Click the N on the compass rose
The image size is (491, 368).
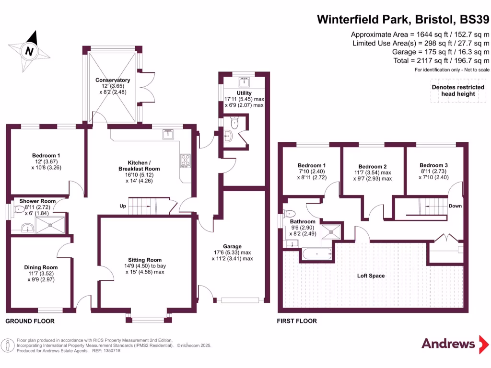tap(29, 51)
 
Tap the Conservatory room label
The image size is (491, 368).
tap(113, 80)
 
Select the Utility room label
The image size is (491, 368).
tap(244, 93)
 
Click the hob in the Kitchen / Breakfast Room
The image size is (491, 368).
tap(186, 161)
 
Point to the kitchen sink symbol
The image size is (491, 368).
tap(168, 134)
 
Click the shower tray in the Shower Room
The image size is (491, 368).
tap(50, 225)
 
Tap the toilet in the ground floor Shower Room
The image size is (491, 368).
tap(19, 209)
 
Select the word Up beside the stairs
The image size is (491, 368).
tap(123, 206)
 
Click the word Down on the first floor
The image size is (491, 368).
tap(455, 206)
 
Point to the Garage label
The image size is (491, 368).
tap(232, 247)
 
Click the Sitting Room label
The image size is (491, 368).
tap(145, 260)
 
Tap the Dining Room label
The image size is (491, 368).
tap(41, 267)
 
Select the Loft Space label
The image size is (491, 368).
tap(371, 276)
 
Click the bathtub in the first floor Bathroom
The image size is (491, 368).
tap(317, 254)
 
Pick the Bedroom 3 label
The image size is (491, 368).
tap(433, 165)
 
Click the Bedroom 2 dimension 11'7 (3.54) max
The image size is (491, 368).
tap(373, 172)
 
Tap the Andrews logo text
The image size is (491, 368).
tap(448, 344)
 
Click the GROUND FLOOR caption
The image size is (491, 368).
tap(30, 321)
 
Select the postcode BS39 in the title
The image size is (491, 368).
tap(474, 19)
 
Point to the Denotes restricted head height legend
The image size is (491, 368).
tap(458, 91)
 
